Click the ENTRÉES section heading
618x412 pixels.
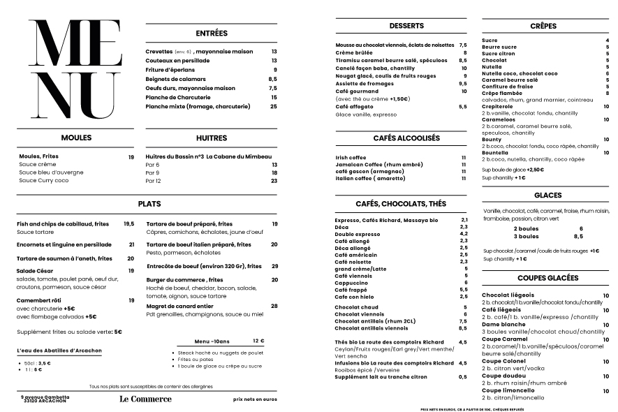click(212, 33)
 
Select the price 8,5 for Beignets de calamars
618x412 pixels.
click(273, 79)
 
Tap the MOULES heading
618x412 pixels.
click(76, 138)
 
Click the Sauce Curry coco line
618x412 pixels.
click(44, 180)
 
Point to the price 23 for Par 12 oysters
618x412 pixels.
click(274, 181)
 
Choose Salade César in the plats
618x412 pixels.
click(36, 270)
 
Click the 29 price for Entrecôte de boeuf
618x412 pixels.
click(274, 266)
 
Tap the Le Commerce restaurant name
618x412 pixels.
click(145, 399)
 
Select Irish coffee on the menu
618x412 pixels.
click(351, 158)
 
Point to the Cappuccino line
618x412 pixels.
click(351, 283)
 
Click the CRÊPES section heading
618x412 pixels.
click(543, 26)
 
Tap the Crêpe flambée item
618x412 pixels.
click(502, 93)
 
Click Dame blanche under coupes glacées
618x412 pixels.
click(503, 325)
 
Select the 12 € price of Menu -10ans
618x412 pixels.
click(258, 341)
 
